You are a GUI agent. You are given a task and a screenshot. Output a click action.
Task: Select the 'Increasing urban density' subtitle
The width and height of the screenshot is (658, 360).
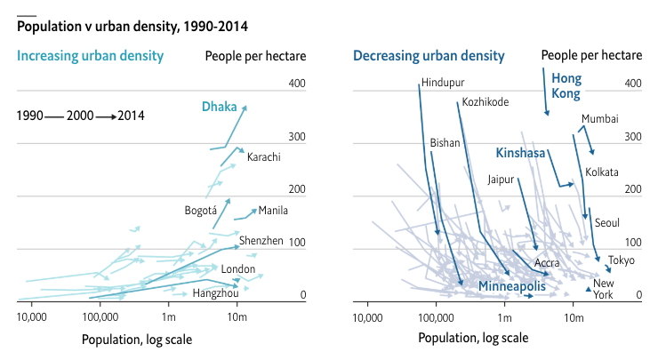[91, 56]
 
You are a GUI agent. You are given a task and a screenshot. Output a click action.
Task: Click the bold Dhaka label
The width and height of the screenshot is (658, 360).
[219, 108]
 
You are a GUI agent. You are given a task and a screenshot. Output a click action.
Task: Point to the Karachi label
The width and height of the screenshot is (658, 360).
[264, 157]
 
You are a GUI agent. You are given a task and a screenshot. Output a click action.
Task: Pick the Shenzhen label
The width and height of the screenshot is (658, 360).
[261, 240]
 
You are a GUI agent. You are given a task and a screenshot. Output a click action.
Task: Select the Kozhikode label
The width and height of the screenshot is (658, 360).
[485, 101]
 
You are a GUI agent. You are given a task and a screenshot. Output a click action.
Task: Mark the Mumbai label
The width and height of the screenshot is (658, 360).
[600, 118]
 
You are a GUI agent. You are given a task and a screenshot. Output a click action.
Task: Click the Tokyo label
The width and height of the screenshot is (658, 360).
[622, 260]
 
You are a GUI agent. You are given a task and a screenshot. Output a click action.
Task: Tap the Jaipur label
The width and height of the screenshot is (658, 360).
[502, 179]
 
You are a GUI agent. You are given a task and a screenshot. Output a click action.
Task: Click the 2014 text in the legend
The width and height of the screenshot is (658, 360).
[132, 116]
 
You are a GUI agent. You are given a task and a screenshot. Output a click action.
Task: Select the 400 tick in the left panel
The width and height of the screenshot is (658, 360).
[297, 84]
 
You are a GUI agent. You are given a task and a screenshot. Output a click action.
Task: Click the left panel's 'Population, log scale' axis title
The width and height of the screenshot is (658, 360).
[136, 339]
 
